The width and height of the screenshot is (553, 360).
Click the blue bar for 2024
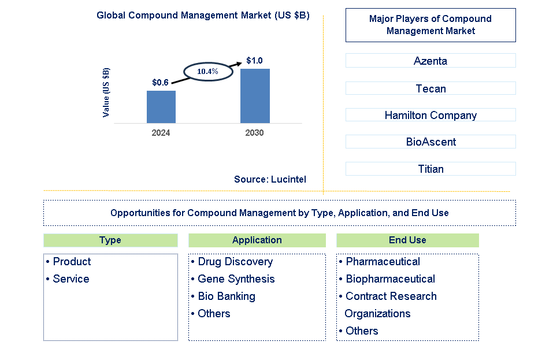pos(161,107)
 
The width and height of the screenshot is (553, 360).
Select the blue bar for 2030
pos(255,96)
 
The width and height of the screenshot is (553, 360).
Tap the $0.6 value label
pos(160,83)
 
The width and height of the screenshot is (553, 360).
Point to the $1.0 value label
pos(254,61)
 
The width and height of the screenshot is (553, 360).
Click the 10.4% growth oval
pos(207,72)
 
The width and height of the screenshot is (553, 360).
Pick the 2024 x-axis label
pos(161,133)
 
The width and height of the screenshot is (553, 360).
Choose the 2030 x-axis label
pos(254,133)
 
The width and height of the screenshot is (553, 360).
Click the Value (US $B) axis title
pos(106,92)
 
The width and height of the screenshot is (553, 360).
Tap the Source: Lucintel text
pos(270,180)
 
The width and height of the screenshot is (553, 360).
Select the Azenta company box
pos(430,61)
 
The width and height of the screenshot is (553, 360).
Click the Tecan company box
pos(430,88)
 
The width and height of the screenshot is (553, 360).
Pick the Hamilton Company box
pos(430,115)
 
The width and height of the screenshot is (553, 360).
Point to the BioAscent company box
pos(430,142)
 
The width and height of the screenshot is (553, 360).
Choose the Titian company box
pos(430,169)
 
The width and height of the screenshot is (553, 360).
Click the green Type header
pos(110,240)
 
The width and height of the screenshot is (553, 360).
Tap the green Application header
pos(257,240)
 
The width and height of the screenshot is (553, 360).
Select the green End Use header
pos(407,240)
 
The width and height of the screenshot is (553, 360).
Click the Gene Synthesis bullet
pos(236,279)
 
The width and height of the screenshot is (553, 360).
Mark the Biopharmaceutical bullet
pos(390,279)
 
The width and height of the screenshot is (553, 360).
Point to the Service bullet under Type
pos(70,279)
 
